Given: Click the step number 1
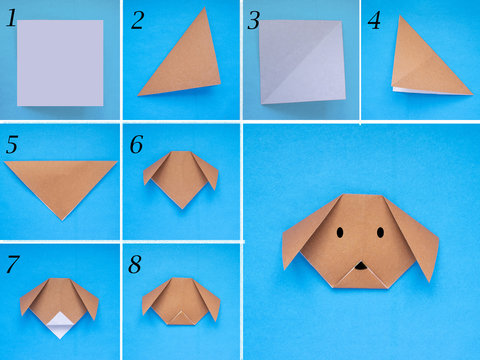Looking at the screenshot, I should click(11, 17).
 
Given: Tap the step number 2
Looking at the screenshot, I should click(137, 20).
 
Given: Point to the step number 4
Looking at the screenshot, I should click(374, 20).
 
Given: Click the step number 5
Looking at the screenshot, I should click(11, 145).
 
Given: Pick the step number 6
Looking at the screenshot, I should click(136, 145).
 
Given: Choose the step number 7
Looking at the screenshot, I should click(11, 265).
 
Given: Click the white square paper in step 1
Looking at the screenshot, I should click(60, 62).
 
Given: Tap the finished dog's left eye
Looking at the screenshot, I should click(339, 232).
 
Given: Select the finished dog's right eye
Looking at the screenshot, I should click(381, 232).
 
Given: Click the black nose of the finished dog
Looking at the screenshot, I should click(360, 267).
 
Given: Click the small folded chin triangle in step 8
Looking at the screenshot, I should click(181, 318).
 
